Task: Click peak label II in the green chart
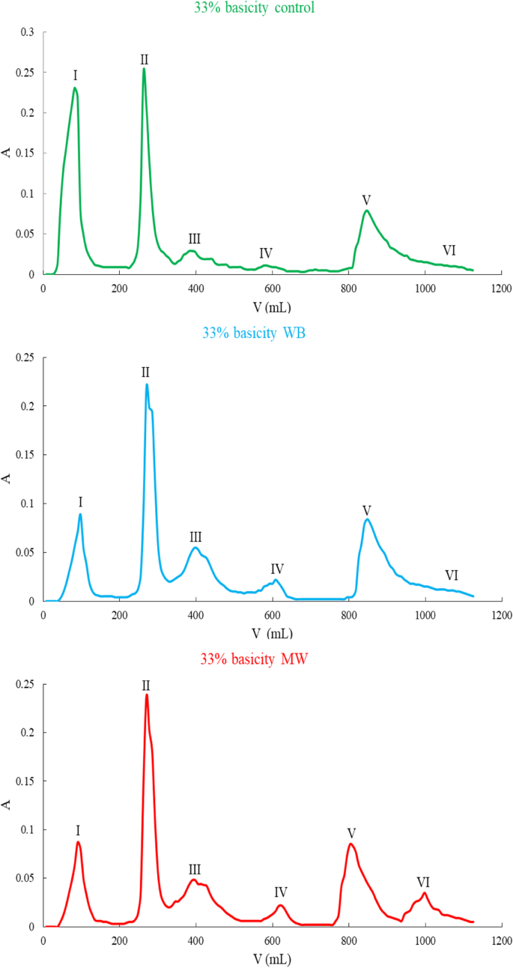(144, 59)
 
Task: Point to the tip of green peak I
(75, 88)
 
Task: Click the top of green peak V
(366, 211)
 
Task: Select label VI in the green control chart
(449, 250)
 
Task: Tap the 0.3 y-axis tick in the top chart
(27, 33)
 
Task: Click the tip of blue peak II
(147, 384)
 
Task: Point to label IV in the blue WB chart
(277, 569)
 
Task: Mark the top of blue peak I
(80, 514)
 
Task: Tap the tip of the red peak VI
(425, 892)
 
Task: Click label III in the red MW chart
(195, 870)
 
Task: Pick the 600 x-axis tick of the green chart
(272, 288)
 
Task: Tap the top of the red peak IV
(281, 905)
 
